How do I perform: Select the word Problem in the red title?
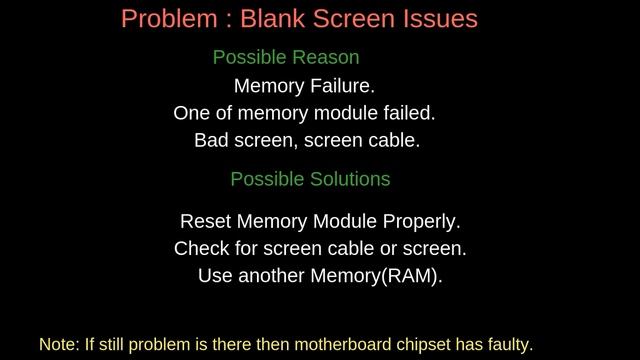pos(163,18)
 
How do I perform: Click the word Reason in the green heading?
pos(325,58)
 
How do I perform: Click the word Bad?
pos(211,140)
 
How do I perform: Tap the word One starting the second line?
pos(191,113)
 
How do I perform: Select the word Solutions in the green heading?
pos(349,179)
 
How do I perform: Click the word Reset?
pos(204,221)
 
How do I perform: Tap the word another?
pos(269,275)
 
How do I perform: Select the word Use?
pos(214,275)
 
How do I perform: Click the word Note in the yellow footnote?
pos(58,344)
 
